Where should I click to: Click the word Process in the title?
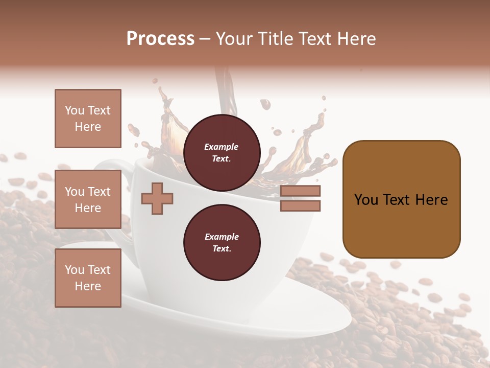tap(160, 39)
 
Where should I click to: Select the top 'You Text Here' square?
tap(88, 119)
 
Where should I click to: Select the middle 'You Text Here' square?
tap(88, 199)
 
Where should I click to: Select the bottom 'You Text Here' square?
tap(88, 278)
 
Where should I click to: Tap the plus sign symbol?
tap(157, 198)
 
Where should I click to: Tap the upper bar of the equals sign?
tap(300, 191)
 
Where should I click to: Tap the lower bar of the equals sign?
tap(300, 205)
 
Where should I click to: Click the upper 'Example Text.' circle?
tap(222, 153)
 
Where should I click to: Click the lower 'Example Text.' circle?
tap(222, 243)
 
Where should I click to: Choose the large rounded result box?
tap(401, 199)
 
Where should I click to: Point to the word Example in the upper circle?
tap(222, 147)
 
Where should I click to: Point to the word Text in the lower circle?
tap(222, 249)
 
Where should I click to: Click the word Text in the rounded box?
tap(401, 200)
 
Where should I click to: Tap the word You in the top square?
tap(74, 110)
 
